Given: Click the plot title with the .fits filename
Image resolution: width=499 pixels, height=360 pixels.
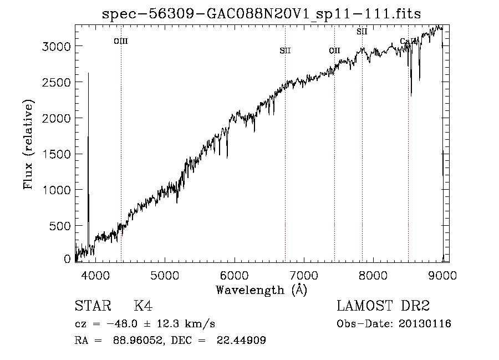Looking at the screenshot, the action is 261,14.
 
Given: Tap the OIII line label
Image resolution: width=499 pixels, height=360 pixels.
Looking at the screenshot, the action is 121,42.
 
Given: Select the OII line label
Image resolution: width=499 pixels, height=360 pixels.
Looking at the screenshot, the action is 334,50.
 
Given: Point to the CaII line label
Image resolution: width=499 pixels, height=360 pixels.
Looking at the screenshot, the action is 408,41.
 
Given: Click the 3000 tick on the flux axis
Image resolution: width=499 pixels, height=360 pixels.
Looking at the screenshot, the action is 56,47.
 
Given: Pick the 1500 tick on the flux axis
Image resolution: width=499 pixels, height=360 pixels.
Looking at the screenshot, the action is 56,154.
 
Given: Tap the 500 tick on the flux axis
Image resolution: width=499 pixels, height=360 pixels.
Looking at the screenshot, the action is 60,226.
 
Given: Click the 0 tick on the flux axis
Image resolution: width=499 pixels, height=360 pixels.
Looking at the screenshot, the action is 67,259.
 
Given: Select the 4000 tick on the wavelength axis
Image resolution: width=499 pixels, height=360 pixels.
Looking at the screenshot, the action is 95,275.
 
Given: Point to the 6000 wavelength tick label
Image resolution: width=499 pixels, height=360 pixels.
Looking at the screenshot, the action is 235,275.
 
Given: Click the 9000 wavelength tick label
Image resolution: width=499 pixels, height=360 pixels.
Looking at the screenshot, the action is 442,275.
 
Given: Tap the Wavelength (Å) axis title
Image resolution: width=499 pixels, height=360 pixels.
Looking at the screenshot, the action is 262,290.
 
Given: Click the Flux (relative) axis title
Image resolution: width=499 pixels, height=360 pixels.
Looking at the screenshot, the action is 28,145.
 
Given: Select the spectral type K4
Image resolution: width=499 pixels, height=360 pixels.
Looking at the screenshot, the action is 143,306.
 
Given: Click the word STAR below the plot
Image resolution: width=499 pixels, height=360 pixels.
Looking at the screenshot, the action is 93,306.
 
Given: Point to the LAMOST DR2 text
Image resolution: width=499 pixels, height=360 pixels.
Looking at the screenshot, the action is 383,306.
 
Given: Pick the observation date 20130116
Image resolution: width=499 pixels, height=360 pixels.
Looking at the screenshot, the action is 425,324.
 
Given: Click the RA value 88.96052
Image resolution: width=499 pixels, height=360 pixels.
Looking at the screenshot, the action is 139,340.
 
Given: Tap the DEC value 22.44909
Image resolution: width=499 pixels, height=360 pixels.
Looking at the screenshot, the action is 241,340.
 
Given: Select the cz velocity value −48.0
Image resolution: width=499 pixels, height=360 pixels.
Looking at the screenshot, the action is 122,324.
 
